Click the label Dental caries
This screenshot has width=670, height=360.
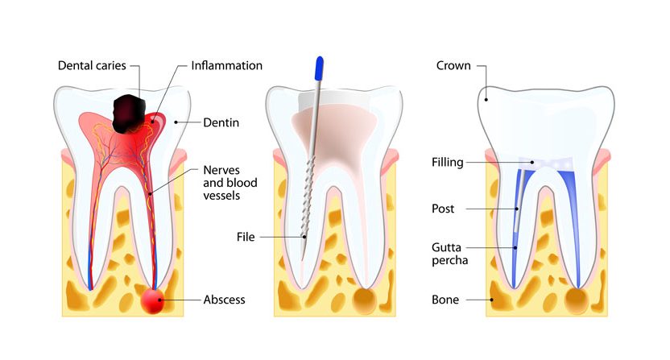click(91, 65)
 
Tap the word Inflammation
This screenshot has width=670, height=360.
click(226, 65)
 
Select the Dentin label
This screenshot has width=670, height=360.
click(221, 122)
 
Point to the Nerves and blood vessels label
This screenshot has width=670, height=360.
click(226, 184)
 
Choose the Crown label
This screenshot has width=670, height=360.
click(452, 65)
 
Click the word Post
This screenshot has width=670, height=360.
click(444, 209)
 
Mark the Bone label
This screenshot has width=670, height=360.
click(445, 300)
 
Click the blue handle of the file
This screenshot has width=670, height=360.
click(320, 68)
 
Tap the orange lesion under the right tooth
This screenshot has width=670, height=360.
click(577, 300)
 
